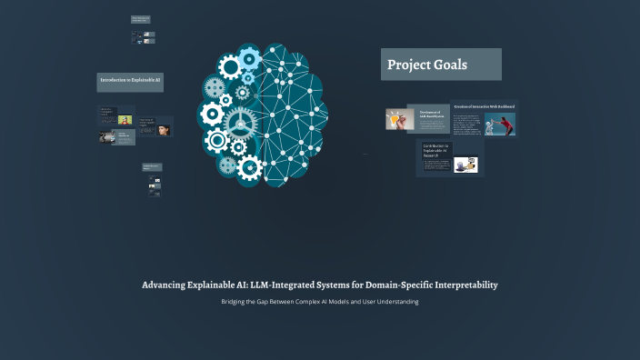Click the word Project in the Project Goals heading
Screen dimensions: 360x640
pos(412,65)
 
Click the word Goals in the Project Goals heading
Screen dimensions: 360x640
pos(452,65)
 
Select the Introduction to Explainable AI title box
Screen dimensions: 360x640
pos(130,81)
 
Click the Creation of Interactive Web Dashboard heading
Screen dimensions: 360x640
pos(484,106)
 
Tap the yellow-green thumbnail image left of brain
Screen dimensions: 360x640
pos(125,119)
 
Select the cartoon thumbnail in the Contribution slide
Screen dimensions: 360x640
pos(466,165)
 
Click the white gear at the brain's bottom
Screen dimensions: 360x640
pos(249,166)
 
